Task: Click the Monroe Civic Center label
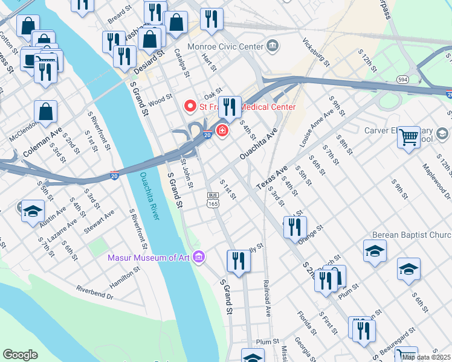[x=226, y=46]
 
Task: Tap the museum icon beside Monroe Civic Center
[x=273, y=46]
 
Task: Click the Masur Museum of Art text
[x=149, y=258]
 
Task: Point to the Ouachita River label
[x=149, y=196]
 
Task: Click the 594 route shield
[x=402, y=80]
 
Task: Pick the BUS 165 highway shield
[x=213, y=200]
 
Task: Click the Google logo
[x=20, y=354]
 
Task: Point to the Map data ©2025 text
[x=426, y=357]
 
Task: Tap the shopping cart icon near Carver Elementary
[x=409, y=136]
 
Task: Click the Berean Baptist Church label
[x=417, y=235]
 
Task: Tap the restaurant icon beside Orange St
[x=295, y=227]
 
